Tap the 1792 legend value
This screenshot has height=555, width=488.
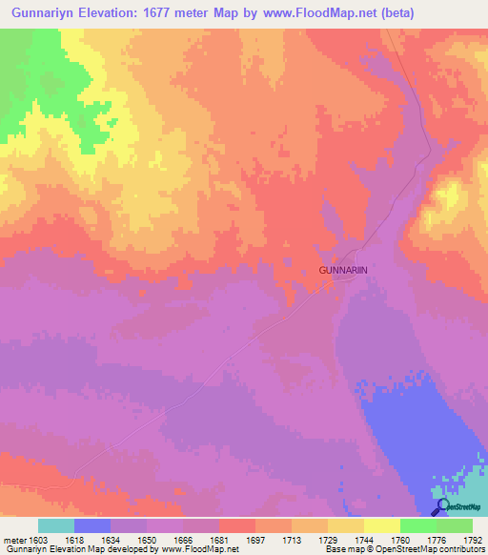[x=473, y=540]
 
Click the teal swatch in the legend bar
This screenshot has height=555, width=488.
[x=56, y=525]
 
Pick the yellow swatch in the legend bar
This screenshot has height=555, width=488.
[x=381, y=525]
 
